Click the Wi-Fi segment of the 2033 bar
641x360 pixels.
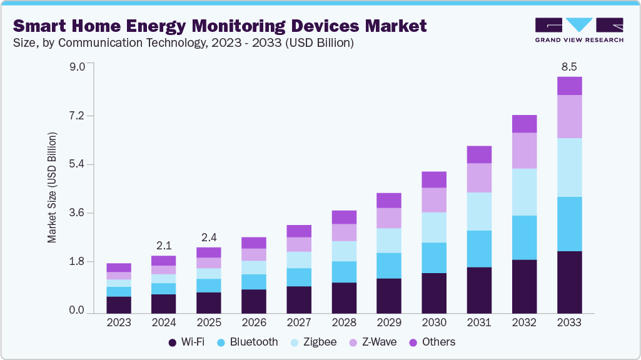[569, 282]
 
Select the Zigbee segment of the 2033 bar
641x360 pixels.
[569, 167]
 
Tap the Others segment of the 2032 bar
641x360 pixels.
[524, 124]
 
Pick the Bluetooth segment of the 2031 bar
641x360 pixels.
[479, 249]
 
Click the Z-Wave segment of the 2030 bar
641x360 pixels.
[434, 200]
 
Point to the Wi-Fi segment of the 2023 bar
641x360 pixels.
[119, 304]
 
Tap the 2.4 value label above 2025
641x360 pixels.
[209, 237]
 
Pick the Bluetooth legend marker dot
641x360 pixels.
[221, 342]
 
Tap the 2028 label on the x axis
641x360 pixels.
[344, 322]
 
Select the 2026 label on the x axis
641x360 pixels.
[254, 322]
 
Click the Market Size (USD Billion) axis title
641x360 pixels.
[53, 187]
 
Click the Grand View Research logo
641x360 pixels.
[579, 30]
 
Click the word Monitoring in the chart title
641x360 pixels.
[235, 26]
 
